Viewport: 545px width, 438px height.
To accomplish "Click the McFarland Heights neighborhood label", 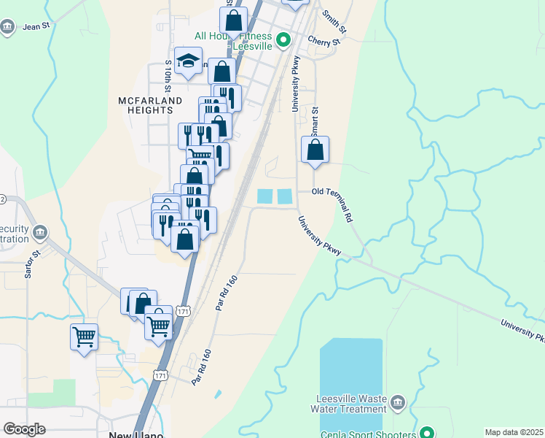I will [x=146, y=104].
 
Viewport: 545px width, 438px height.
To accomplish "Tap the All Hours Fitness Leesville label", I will [x=233, y=40].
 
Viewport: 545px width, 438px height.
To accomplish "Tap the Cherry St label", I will [x=324, y=42].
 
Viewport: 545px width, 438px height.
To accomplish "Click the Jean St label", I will [x=35, y=27].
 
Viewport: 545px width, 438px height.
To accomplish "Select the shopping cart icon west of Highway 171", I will [x=85, y=337].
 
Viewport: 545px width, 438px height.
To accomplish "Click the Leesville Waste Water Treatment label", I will [x=351, y=404].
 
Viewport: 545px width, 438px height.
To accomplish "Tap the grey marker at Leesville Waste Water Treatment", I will [x=398, y=402].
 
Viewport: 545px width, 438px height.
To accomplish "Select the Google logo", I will [x=24, y=429].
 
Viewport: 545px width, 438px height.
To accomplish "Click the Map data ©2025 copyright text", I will [x=513, y=432].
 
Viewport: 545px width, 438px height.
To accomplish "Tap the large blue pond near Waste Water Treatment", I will [x=350, y=372].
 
